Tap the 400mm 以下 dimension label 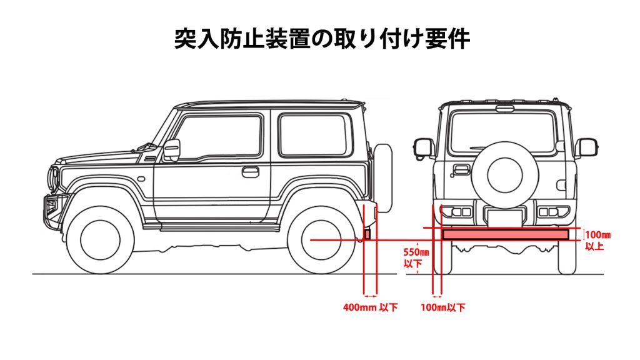click(370, 307)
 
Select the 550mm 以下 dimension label click(417, 258)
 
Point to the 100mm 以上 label click(597, 241)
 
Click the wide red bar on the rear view click(505, 234)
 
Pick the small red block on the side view click(367, 234)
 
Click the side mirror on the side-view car click(171, 150)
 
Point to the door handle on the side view click(251, 171)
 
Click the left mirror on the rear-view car click(424, 147)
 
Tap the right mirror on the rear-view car click(586, 147)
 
